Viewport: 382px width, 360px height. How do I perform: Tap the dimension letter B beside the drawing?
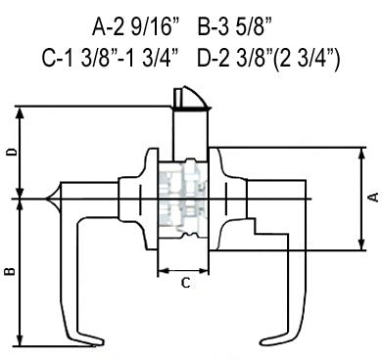pos(10,271)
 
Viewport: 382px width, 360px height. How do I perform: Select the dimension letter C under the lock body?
pos(185,283)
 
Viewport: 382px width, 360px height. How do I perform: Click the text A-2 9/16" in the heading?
pos(136,27)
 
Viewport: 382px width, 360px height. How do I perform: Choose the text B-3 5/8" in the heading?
pos(235,27)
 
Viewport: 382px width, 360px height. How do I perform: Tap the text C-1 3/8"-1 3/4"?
pos(112,59)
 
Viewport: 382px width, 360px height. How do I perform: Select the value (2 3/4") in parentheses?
pos(306,59)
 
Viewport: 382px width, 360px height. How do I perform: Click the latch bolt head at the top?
pos(192,98)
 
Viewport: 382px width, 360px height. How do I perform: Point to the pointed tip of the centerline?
pos(44,199)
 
